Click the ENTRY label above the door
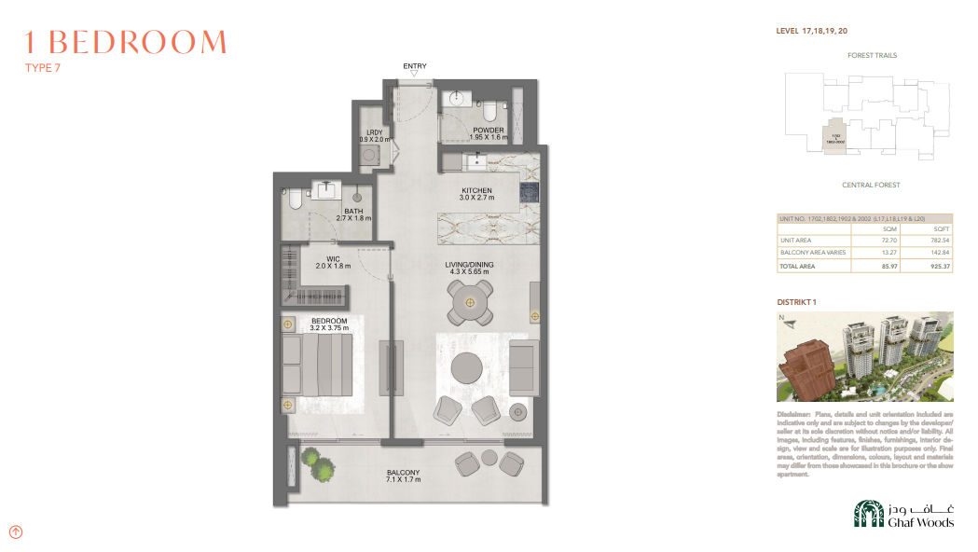pyautogui.click(x=415, y=66)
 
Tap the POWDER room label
pyautogui.click(x=489, y=131)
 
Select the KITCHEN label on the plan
pyautogui.click(x=475, y=191)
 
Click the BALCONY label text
pyautogui.click(x=403, y=473)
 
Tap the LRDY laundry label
pyautogui.click(x=375, y=132)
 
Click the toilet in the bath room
pyautogui.click(x=294, y=199)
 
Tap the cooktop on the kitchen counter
pyautogui.click(x=530, y=192)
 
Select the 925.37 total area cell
pyautogui.click(x=940, y=267)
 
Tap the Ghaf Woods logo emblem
pyautogui.click(x=868, y=515)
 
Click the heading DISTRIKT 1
pyautogui.click(x=796, y=302)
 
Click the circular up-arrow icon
pyautogui.click(x=16, y=532)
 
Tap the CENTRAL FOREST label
pyautogui.click(x=870, y=186)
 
